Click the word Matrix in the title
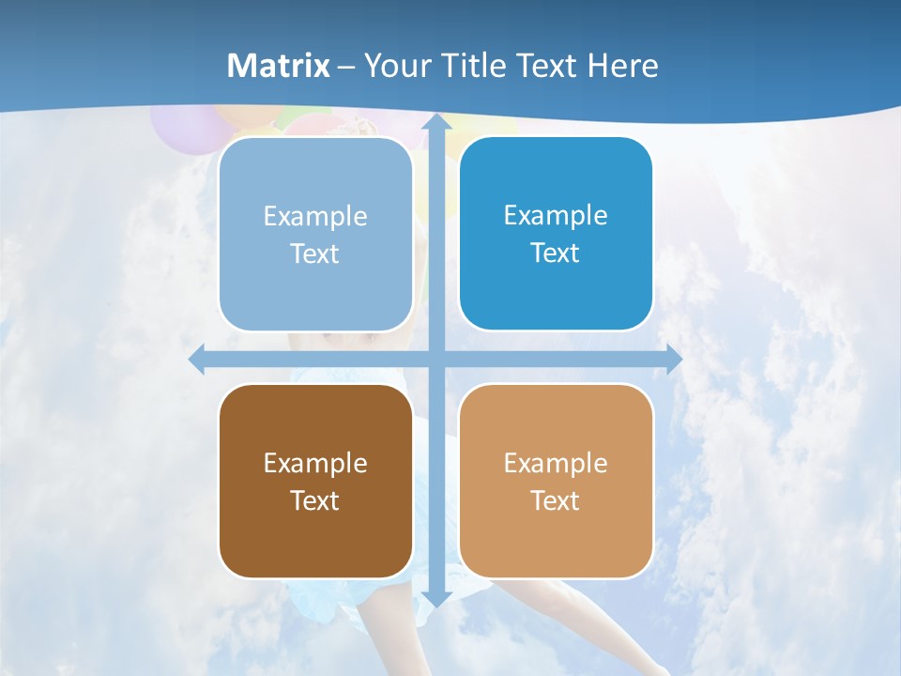[x=279, y=66]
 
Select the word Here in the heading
[x=622, y=66]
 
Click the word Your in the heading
[x=397, y=66]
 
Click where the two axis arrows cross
[x=436, y=360]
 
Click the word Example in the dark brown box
[x=315, y=463]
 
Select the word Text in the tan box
[x=556, y=500]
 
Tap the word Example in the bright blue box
[x=556, y=215]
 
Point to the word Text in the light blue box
[x=315, y=253]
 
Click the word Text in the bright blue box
[x=556, y=253]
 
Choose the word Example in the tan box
[x=556, y=463]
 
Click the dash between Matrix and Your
[x=346, y=67]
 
